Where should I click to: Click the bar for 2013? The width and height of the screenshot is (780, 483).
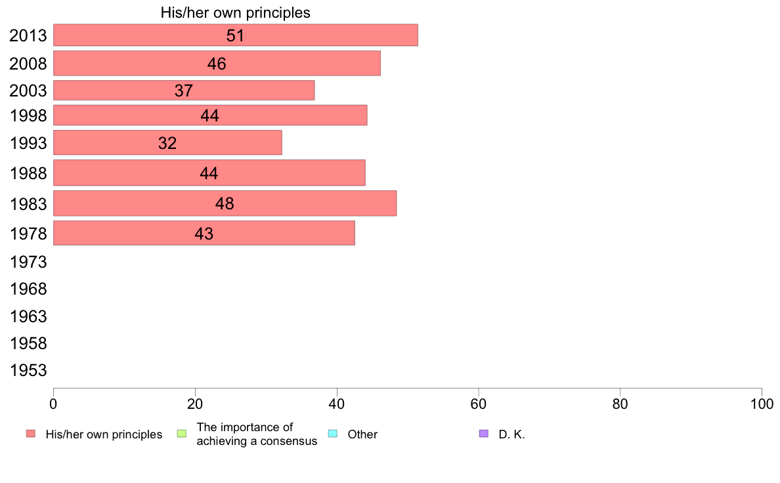[x=235, y=35]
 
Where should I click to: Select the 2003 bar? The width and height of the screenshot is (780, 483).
[x=184, y=91]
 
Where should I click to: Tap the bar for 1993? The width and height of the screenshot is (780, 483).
[x=167, y=142]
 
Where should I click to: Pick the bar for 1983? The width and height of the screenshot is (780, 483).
[x=225, y=203]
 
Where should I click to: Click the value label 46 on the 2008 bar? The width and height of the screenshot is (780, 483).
[x=217, y=64]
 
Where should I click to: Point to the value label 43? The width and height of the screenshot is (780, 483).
[x=204, y=234]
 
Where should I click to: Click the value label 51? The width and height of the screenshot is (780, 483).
[x=235, y=35]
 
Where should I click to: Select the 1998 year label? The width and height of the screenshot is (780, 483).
[x=28, y=116]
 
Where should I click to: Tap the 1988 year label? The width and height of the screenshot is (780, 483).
[x=28, y=173]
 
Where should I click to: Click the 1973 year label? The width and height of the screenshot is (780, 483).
[x=28, y=262]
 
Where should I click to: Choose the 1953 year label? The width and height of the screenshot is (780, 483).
[x=28, y=371]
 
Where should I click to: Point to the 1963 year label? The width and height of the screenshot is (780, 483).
[x=28, y=317]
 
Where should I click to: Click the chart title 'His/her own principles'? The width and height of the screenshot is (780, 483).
[x=235, y=12]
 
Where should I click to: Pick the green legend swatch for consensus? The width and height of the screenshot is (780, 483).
[x=182, y=434]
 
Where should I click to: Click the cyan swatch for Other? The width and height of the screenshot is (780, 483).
[x=332, y=434]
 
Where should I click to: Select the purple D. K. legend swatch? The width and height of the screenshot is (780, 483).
[x=484, y=434]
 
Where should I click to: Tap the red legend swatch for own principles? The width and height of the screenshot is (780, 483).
[x=30, y=434]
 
